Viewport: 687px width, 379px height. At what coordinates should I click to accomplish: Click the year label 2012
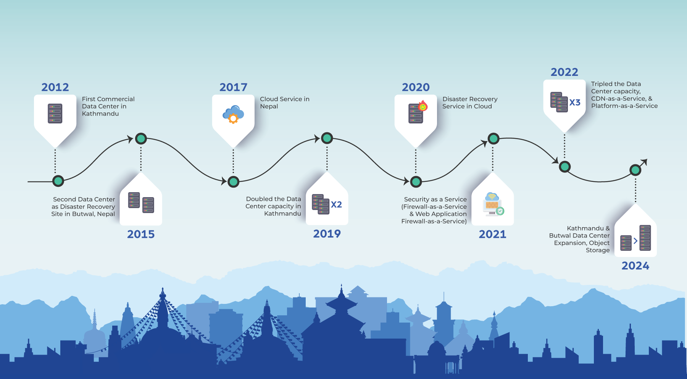click(55, 87)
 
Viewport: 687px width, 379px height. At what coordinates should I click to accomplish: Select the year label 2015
click(141, 234)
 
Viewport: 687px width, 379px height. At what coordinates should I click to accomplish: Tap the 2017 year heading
click(233, 87)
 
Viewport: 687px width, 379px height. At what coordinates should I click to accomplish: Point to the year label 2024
click(635, 266)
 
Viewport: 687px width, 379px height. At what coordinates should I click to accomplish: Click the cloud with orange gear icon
click(233, 114)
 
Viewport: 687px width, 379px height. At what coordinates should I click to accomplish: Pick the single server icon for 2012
click(55, 114)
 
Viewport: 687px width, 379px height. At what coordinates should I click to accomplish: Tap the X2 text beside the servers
click(336, 205)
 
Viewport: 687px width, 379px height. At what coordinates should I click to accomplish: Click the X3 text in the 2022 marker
click(575, 102)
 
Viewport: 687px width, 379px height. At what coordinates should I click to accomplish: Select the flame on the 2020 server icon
click(423, 106)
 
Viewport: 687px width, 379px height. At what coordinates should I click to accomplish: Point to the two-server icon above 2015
click(141, 202)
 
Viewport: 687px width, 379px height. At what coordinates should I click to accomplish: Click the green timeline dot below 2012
click(58, 181)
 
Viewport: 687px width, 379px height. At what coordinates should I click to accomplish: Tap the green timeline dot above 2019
click(327, 138)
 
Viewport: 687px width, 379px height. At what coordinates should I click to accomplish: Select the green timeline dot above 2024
click(635, 170)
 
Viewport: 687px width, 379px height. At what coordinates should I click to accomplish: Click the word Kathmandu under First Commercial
click(100, 114)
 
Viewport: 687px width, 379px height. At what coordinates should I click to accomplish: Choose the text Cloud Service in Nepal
click(285, 103)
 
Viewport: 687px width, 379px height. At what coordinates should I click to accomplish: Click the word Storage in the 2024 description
click(598, 251)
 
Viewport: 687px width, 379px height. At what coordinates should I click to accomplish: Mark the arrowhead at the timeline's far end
click(644, 162)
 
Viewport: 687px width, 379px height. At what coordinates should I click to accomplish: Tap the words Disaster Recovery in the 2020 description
click(470, 99)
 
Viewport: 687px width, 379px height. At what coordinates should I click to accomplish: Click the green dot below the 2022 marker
click(564, 167)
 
